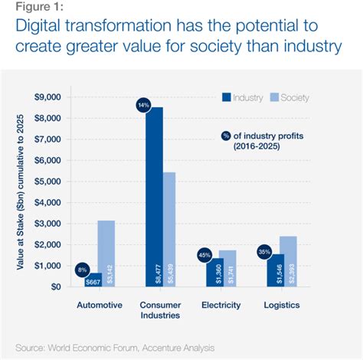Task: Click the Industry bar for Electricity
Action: (214, 272)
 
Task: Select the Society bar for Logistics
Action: (287, 261)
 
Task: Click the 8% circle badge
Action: (82, 270)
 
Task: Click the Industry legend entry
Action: (244, 98)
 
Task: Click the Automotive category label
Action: (100, 305)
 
